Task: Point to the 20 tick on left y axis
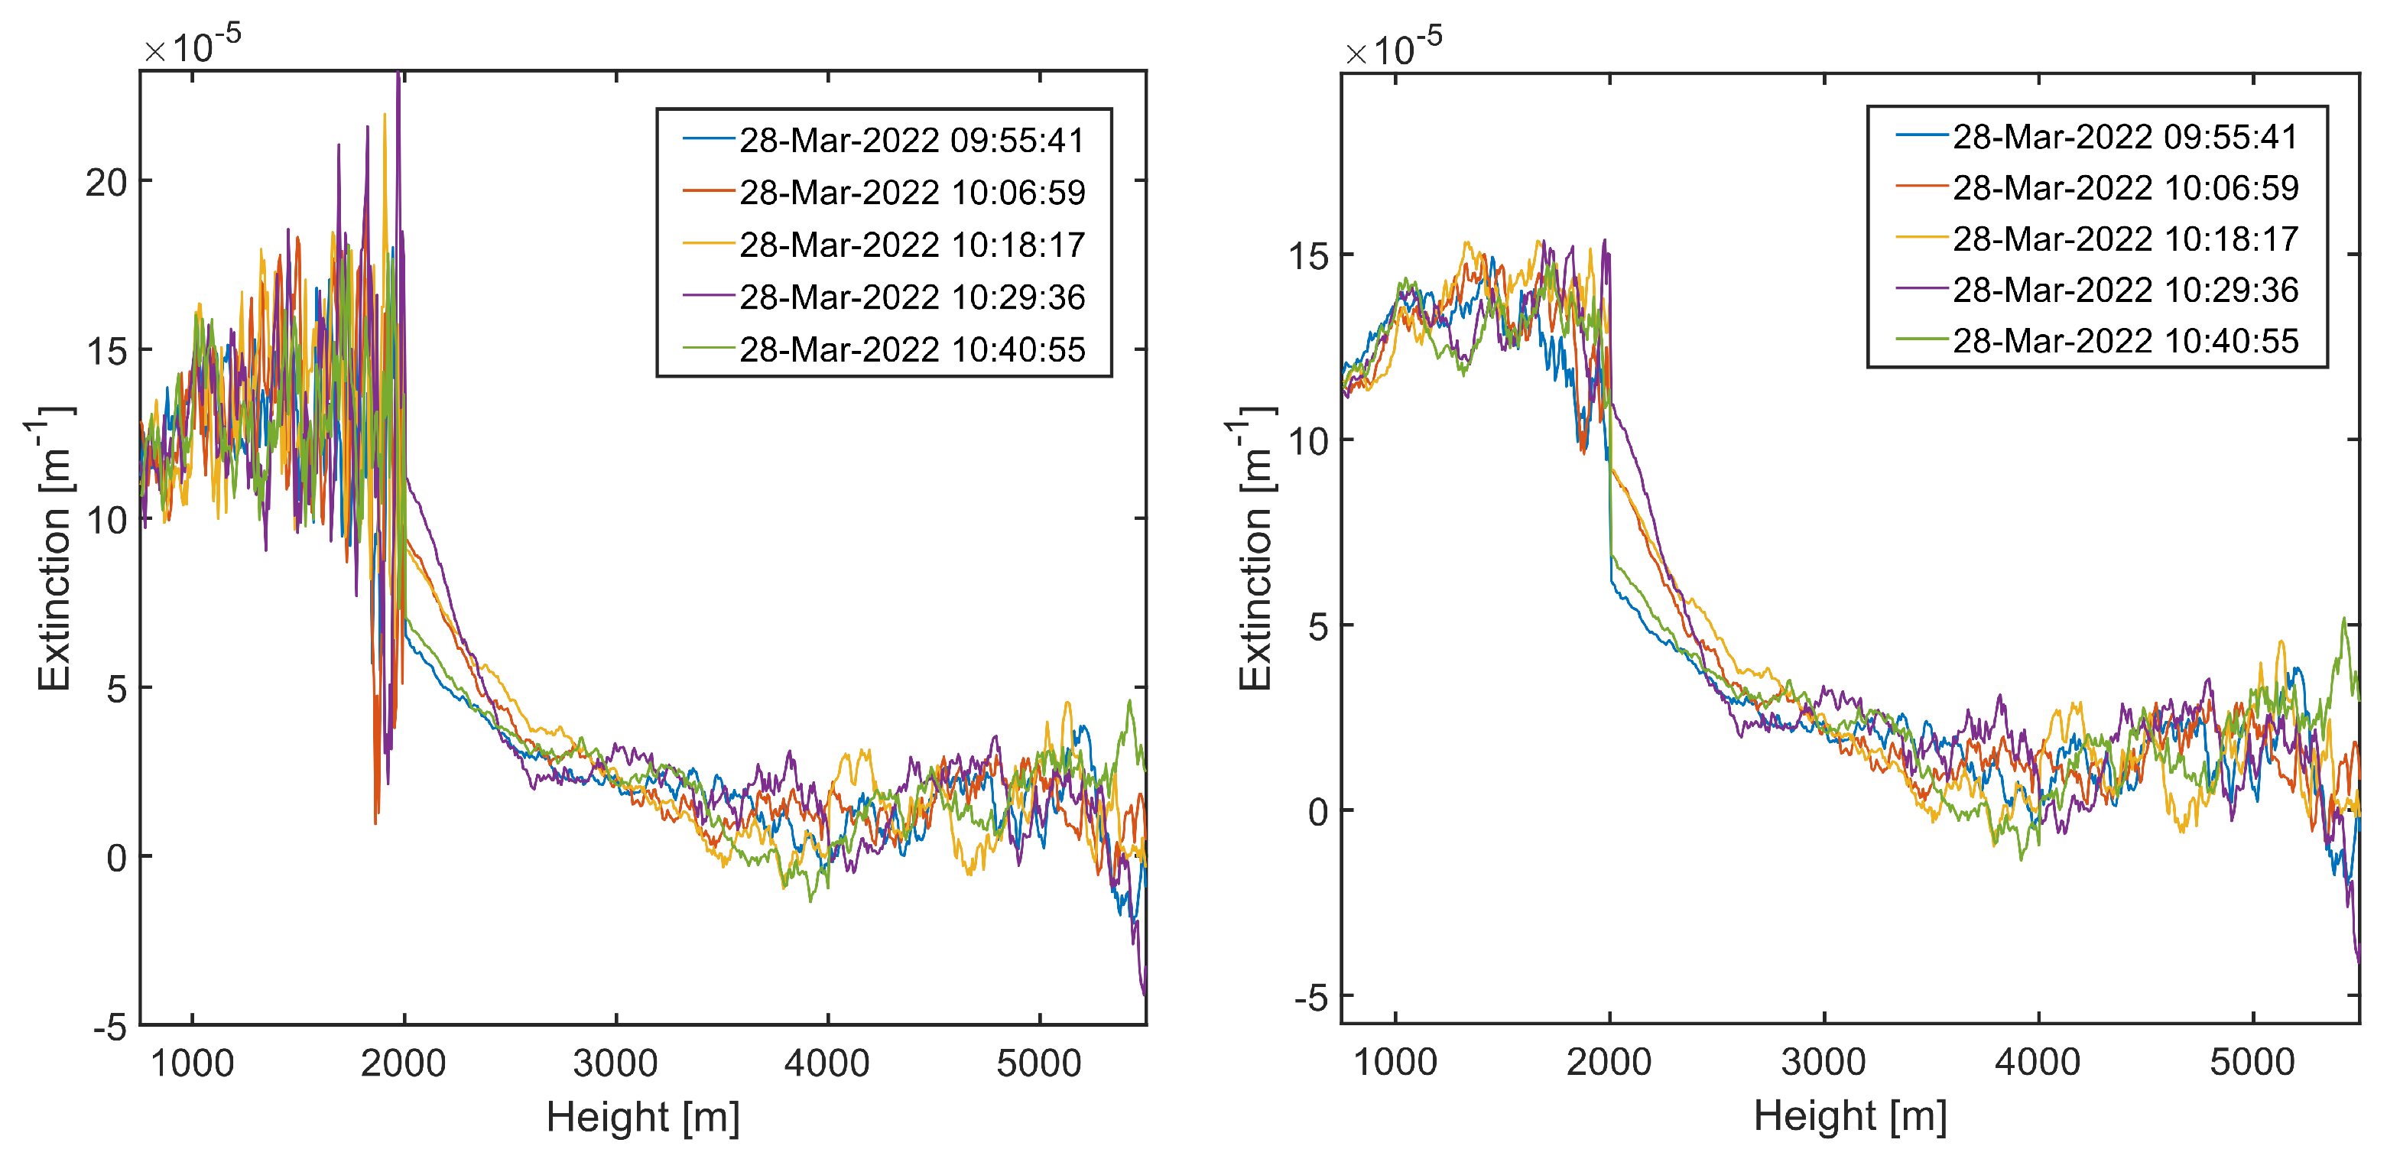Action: (x=106, y=183)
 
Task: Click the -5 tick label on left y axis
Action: (x=110, y=1027)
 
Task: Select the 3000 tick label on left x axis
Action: (x=615, y=1063)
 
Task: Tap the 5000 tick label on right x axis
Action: (x=2252, y=1062)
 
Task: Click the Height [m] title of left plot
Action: (x=643, y=1116)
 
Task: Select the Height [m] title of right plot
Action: (x=1850, y=1115)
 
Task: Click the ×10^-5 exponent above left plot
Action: (x=193, y=44)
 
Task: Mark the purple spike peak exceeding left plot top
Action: (x=398, y=74)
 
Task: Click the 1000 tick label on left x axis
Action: (x=192, y=1063)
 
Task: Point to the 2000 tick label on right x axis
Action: (x=1609, y=1062)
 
